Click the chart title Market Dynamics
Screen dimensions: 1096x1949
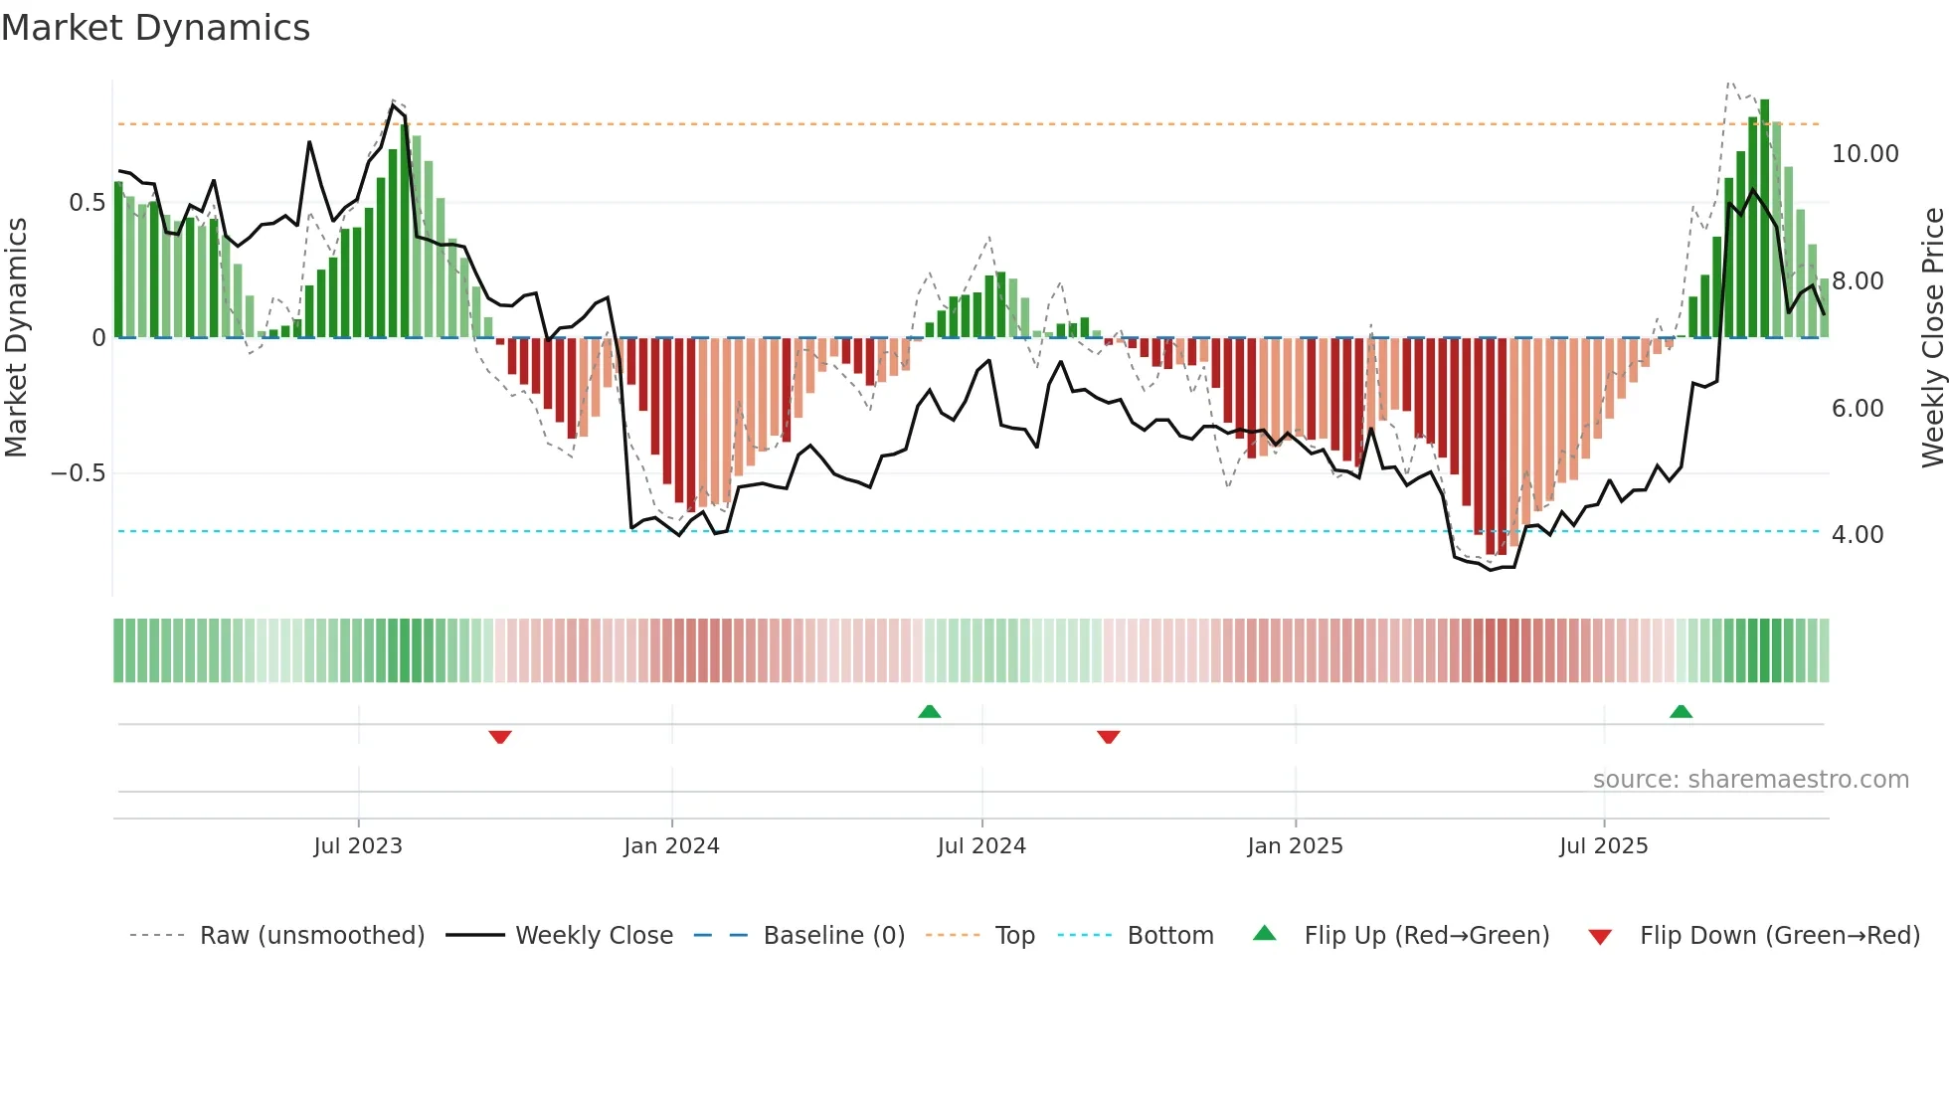[x=156, y=28]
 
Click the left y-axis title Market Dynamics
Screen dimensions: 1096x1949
[x=17, y=338]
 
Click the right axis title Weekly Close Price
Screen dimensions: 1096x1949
[x=1932, y=338]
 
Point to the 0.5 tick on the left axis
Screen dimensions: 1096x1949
[x=87, y=203]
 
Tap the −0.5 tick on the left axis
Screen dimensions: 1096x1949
[x=79, y=473]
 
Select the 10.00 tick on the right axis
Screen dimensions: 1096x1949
[x=1864, y=154]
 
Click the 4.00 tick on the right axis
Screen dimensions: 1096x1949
[x=1857, y=535]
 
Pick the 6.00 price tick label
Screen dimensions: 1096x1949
[x=1857, y=409]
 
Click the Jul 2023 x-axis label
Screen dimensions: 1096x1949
[x=358, y=846]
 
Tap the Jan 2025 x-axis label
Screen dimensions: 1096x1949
[x=1295, y=846]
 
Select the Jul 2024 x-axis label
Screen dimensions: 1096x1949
[x=981, y=846]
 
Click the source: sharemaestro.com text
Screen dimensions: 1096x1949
[x=1750, y=780]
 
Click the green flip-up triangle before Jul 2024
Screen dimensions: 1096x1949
[x=930, y=711]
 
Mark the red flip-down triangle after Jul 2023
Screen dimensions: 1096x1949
[x=500, y=737]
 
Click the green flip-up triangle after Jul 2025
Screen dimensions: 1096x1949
[x=1681, y=711]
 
